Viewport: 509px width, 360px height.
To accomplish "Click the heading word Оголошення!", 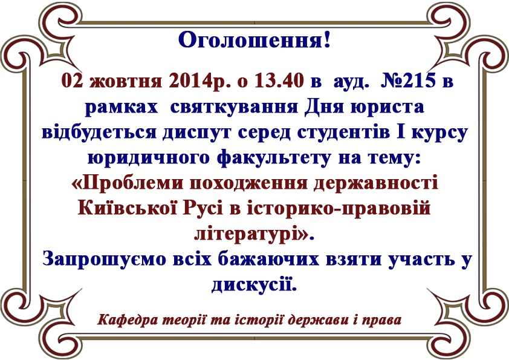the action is pyautogui.click(x=254, y=41).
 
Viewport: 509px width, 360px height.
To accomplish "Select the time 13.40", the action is pyautogui.click(x=279, y=80).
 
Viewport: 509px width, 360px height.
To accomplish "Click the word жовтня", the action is pyautogui.click(x=126, y=81).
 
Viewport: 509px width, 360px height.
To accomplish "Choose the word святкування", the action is pyautogui.click(x=234, y=107).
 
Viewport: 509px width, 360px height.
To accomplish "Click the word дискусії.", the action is pyautogui.click(x=254, y=285).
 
